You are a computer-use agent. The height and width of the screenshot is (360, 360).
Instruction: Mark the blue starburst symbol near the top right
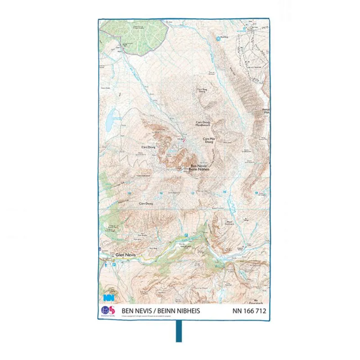pos(219,39)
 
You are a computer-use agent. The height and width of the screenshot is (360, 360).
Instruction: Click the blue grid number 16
pos(161,193)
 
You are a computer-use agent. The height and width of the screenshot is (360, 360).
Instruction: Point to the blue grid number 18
pos(224,193)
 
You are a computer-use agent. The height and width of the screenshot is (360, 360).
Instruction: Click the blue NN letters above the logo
pos(108,298)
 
